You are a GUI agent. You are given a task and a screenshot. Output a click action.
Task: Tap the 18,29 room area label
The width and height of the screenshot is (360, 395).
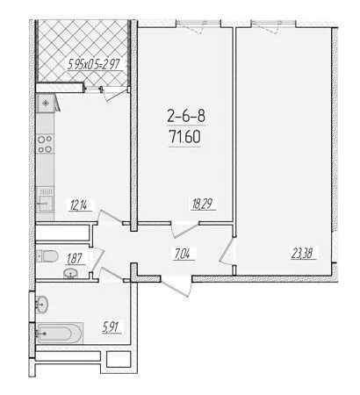[203, 204]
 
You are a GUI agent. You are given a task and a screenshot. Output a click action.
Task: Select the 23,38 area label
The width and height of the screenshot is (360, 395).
[304, 253]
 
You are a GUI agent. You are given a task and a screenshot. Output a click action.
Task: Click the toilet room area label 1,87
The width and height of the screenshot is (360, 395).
[76, 259]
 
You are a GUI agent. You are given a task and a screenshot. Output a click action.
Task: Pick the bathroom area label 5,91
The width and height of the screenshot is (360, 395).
[112, 327]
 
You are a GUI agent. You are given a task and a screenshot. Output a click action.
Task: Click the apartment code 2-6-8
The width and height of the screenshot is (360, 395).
[186, 116]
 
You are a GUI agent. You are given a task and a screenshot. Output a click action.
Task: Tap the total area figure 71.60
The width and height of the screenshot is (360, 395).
[185, 137]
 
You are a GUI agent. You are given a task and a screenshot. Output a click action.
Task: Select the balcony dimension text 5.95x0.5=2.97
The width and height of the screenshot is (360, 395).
[94, 64]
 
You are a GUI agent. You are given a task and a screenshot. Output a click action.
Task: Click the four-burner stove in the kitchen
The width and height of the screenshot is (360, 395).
[46, 144]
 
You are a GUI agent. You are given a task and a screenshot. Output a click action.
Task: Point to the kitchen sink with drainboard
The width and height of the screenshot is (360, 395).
[45, 200]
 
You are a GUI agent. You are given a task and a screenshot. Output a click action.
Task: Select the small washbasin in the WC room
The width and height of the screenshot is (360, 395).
[70, 274]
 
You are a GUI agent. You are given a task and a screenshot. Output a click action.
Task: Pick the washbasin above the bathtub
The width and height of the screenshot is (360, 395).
[42, 305]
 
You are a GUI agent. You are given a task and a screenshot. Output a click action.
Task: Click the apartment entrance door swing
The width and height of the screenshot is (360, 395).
[176, 287]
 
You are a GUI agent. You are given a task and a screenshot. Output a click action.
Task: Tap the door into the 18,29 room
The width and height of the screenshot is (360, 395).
[185, 230]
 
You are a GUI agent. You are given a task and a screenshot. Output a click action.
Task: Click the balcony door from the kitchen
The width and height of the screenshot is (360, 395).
[112, 93]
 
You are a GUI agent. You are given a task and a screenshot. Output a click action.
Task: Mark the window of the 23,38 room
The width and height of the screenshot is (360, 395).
[273, 23]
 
